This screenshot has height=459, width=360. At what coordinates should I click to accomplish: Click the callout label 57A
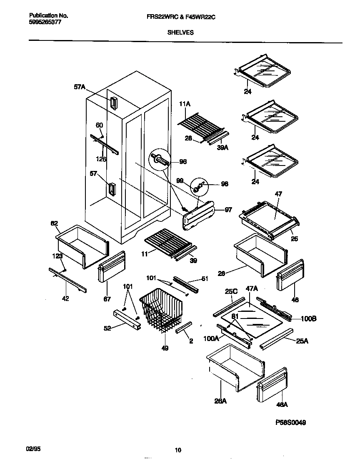80,87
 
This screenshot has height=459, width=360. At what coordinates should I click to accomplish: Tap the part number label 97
228,210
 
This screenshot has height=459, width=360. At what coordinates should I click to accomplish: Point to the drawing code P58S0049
291,422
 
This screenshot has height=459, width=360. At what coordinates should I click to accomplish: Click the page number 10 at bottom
178,450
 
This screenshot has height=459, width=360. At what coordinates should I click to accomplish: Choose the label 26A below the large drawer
220,401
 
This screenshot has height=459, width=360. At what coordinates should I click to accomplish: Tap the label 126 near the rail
100,159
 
